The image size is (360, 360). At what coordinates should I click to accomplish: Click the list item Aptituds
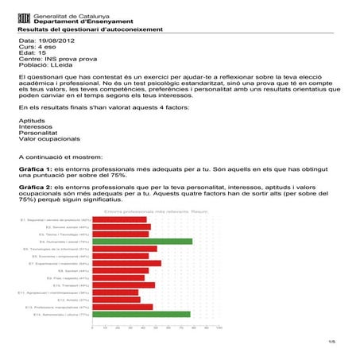(32, 119)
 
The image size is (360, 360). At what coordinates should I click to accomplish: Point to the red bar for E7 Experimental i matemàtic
(127, 263)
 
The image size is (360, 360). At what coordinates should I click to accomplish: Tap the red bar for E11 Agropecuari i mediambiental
(116, 292)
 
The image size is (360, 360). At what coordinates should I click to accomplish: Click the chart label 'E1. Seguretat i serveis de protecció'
(56, 219)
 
